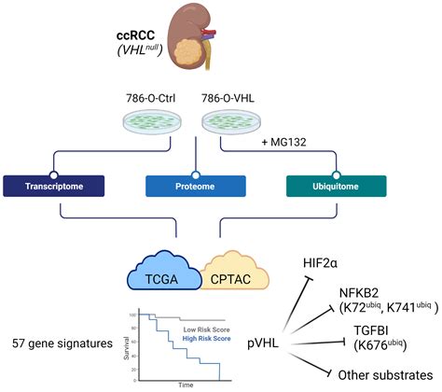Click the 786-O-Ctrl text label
[167, 97]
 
